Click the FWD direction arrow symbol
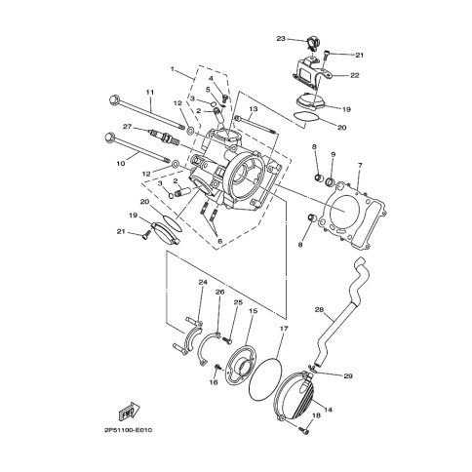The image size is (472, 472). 129,413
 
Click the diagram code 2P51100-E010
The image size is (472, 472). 128,430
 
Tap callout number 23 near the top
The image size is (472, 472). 281,39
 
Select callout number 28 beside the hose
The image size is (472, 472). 319,309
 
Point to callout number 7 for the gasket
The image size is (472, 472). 360,166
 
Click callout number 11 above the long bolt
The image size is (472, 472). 150,93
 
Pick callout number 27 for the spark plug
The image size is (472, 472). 128,126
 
